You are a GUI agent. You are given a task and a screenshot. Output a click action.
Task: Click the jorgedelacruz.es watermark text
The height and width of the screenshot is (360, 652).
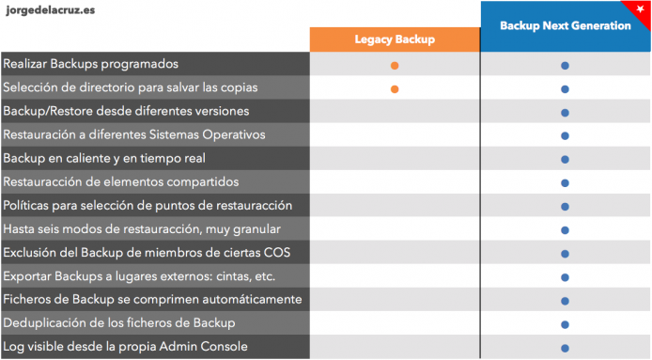point(51,10)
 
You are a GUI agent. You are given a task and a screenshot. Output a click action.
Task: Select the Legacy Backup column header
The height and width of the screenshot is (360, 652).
point(395,39)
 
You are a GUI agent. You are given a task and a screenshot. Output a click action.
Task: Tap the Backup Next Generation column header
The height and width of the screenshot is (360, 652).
point(565,25)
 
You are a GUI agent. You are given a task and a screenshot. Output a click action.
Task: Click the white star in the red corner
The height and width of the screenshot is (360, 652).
point(641,8)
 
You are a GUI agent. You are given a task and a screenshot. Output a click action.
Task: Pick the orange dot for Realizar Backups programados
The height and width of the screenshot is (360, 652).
point(395,66)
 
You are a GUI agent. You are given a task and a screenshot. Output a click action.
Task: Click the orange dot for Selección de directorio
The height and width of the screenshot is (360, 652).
point(395,89)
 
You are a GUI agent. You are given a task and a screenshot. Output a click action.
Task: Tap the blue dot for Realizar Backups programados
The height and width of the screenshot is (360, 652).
point(565,66)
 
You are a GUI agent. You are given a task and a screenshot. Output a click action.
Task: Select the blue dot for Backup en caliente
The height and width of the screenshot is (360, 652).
point(565,160)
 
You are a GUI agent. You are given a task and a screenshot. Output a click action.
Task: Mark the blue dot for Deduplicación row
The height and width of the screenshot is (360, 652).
point(565,324)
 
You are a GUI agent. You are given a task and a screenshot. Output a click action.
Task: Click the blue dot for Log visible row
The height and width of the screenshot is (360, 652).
point(565,349)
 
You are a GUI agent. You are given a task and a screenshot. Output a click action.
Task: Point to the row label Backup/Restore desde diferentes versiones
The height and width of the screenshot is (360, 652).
point(126,112)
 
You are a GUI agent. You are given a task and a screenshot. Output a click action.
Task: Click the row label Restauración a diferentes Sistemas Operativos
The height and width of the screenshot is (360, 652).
point(134,134)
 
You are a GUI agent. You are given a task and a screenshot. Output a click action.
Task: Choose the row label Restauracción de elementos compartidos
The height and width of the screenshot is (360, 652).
point(121,181)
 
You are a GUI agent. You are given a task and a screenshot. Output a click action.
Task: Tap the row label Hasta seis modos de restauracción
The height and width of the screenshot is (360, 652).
point(142,229)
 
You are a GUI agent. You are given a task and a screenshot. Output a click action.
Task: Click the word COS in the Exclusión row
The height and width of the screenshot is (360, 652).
point(277,253)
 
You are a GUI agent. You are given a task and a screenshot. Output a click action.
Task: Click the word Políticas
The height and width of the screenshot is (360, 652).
point(25,206)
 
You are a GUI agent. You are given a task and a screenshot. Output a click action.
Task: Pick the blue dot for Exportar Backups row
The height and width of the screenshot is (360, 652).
point(565,277)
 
